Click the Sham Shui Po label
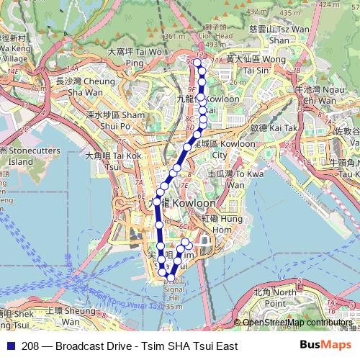click(x=116, y=120)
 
